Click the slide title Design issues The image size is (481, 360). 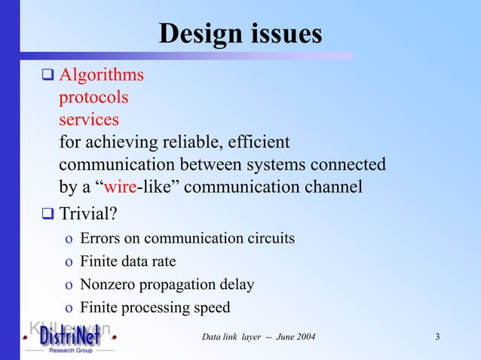(240, 33)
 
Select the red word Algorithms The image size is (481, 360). (102, 75)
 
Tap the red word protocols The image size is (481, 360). (93, 98)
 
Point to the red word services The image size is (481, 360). (89, 120)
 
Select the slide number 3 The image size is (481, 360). (438, 336)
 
